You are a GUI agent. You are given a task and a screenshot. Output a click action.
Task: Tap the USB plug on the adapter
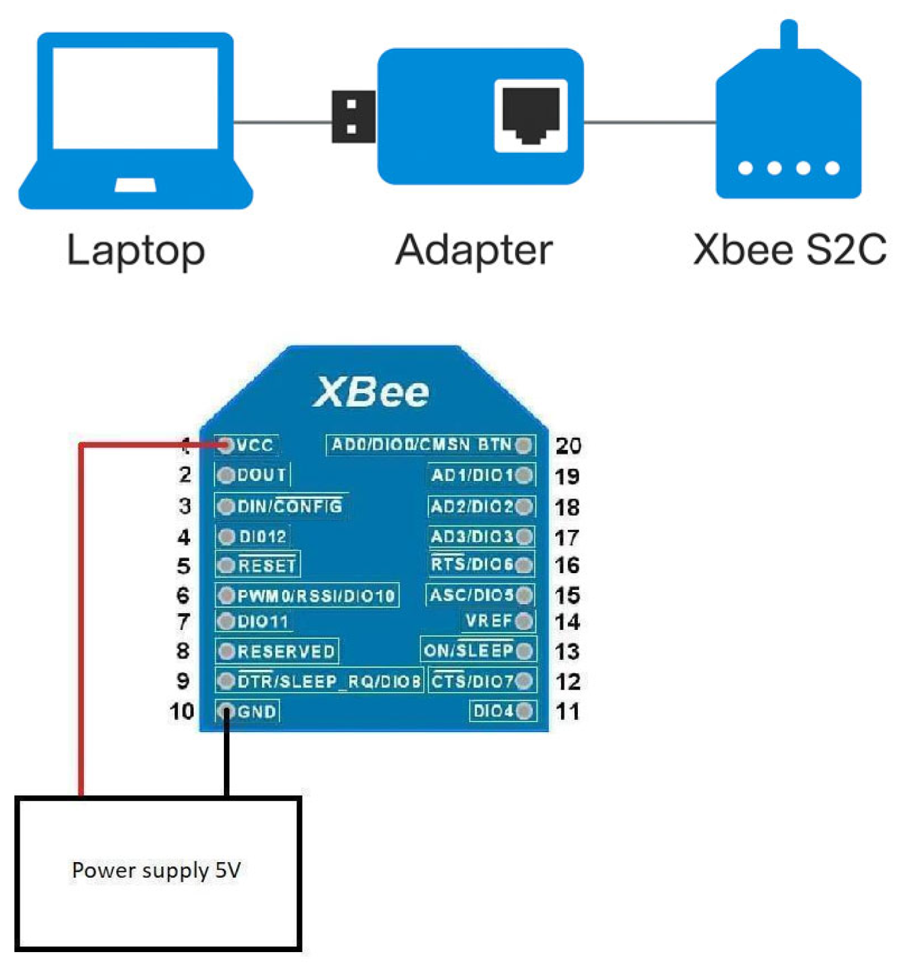353,116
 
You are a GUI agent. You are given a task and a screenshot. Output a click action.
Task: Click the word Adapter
474,250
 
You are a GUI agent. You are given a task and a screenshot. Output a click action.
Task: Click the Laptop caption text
135,250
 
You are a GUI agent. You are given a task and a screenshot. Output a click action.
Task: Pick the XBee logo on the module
371,392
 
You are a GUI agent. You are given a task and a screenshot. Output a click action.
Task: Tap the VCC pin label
255,445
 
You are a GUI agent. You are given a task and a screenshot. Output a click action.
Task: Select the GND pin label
256,711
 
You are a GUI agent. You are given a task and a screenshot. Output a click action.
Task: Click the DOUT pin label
261,475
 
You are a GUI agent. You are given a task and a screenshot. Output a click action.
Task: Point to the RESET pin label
267,565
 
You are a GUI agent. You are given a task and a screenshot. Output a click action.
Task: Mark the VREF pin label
489,621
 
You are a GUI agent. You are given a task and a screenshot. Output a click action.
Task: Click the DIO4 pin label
493,710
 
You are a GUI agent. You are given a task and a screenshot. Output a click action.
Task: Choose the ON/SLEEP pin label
468,650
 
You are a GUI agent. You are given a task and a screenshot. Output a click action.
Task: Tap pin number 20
568,445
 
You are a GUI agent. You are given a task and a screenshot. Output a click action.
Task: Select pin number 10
181,711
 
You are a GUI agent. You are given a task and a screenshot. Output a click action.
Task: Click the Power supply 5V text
156,870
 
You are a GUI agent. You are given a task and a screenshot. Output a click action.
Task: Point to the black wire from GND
227,758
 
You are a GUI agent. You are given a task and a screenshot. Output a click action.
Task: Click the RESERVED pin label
286,651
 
